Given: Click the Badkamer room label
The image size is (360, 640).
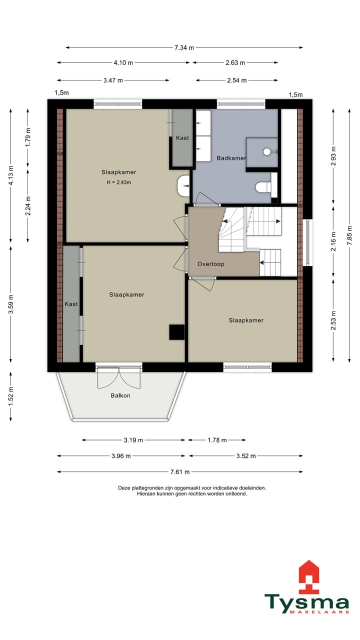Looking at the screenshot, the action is coord(231,158).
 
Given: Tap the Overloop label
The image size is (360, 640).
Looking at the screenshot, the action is coord(211,264).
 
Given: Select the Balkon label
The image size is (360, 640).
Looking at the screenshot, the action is coord(120,395).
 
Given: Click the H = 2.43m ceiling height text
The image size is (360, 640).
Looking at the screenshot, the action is coord(119,182).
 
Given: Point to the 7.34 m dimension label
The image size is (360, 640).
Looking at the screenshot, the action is coord(184,47).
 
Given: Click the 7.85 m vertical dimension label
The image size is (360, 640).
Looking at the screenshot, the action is coord(349,235).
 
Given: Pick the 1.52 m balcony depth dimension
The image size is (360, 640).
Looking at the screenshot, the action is coord(11,396).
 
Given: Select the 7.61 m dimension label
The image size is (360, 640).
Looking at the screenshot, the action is coord(180,471).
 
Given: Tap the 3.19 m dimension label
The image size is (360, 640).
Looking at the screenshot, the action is coord(133,440).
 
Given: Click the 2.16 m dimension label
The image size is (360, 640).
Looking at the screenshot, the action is coord(333,241).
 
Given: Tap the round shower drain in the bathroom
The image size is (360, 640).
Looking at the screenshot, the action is coord(266,151).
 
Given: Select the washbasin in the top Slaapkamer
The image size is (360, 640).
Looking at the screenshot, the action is coord(183,186).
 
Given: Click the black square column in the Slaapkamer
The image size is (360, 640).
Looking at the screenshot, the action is coord(177,332).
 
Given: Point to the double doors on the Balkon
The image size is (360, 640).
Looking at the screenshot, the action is coord(119,377).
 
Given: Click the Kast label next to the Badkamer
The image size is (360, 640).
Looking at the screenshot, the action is coord(182,138).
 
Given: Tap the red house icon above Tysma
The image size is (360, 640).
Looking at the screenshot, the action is coord(308,576).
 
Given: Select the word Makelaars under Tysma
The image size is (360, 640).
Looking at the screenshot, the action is coord(319,611).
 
